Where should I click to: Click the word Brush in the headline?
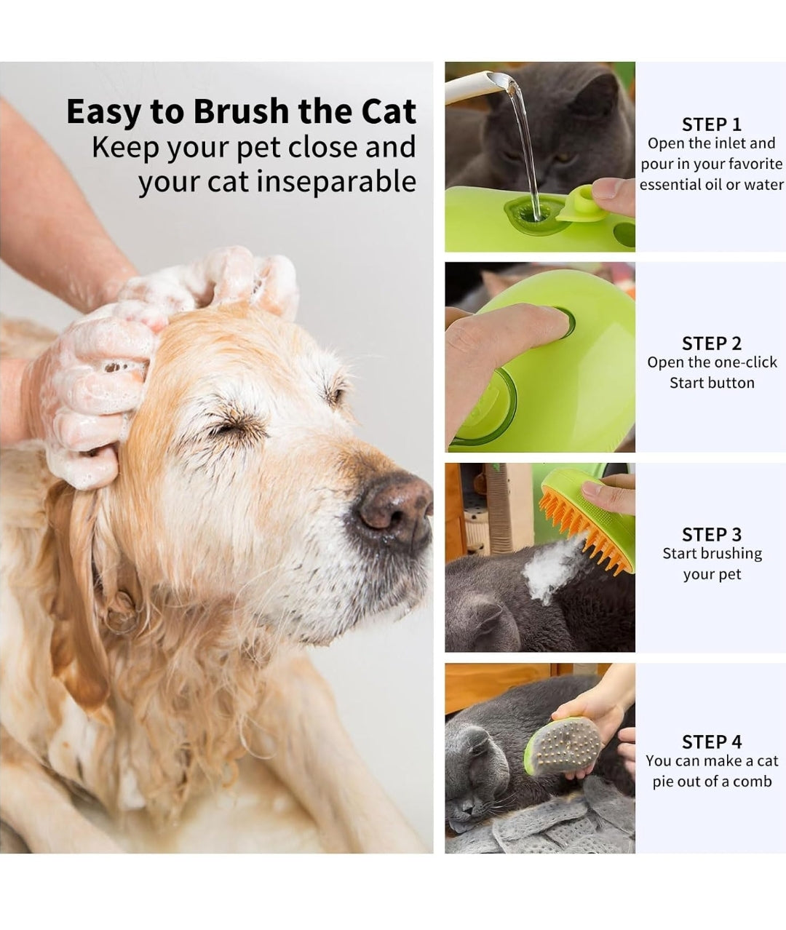point(241,111)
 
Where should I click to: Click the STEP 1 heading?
point(712,124)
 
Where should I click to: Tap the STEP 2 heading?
point(712,343)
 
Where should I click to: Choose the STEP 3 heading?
point(712,534)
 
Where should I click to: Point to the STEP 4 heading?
point(712,742)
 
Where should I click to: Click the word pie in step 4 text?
point(662,782)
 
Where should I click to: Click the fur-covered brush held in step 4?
point(563,747)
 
